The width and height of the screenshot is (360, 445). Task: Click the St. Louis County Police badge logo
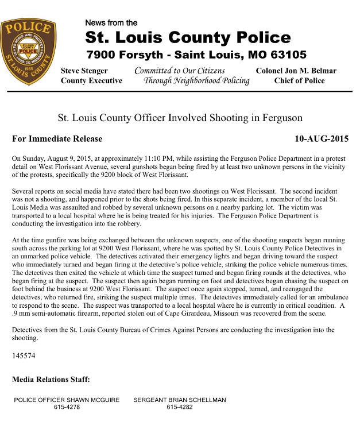click(x=29, y=51)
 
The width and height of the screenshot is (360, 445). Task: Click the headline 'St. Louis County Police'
click(x=188, y=38)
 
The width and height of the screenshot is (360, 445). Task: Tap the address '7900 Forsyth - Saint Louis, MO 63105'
click(x=196, y=55)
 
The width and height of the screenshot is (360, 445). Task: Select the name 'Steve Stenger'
click(x=84, y=71)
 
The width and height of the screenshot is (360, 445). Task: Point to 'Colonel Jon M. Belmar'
click(x=296, y=71)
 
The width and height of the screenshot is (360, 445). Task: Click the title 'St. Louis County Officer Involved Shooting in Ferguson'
click(x=180, y=119)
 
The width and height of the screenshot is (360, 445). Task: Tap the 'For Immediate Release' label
click(x=57, y=139)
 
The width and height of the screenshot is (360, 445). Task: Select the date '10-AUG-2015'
click(x=322, y=139)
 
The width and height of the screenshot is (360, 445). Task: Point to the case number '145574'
click(x=24, y=356)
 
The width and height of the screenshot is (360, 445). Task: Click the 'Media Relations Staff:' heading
click(x=51, y=380)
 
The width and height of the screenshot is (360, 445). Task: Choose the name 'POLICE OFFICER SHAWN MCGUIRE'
click(x=67, y=400)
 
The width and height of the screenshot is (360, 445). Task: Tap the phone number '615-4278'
click(x=67, y=407)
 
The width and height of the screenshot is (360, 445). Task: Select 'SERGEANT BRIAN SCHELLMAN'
click(x=180, y=400)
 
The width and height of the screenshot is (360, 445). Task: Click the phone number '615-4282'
click(x=180, y=407)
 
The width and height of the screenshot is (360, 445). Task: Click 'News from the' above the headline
click(x=111, y=23)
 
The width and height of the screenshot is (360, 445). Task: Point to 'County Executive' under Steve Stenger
click(x=91, y=81)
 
